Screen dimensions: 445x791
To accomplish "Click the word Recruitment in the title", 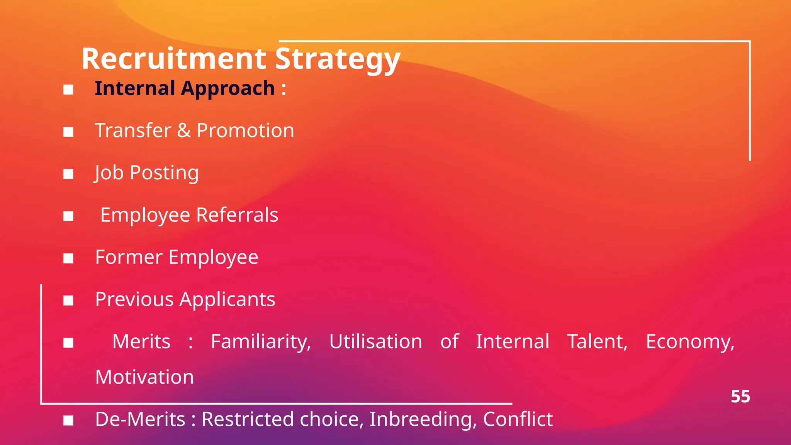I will pos(174,59).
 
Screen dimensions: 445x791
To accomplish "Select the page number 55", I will pos(740,397).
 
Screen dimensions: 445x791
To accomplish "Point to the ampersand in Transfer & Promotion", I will pos(184,131).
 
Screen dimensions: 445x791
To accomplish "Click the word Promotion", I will pos(245,131).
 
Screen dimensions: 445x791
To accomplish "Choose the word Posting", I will pos(164,173).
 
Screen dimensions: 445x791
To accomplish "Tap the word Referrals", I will pos(237,215).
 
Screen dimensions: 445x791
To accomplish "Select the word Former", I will pos(129,257).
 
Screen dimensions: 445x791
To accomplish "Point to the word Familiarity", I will pos(261,342).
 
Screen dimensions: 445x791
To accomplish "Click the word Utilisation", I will pos(375,342).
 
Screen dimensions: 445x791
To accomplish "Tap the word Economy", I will pos(690,342).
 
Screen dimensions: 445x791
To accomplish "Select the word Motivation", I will pos(144,377).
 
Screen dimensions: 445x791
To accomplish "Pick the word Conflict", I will pos(518,420).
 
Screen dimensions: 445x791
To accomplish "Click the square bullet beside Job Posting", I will pos(68,174).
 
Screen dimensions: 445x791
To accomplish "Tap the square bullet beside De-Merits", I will pos(68,420).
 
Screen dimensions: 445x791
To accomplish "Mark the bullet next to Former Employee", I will pos(68,258).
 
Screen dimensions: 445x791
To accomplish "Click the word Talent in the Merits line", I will pos(597,342).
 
